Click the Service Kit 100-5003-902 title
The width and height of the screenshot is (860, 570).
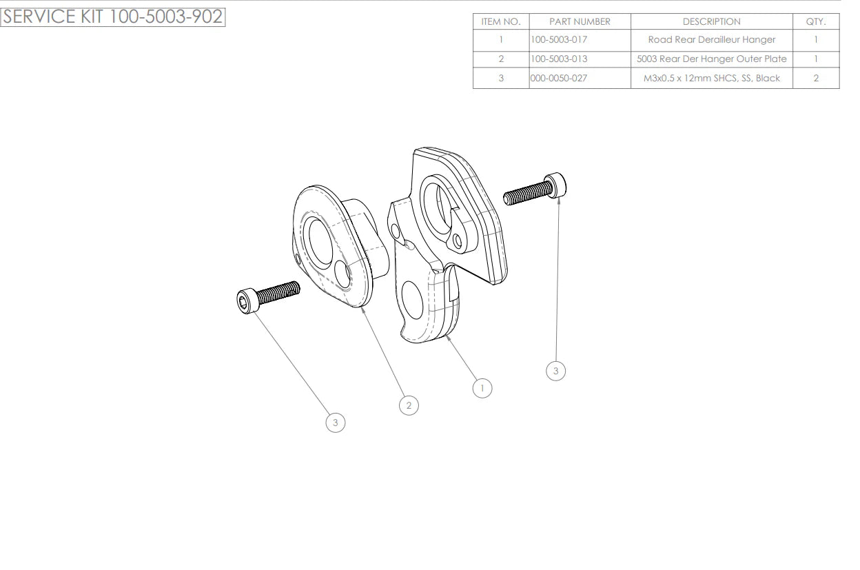(x=112, y=17)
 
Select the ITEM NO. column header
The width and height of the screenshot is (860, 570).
(x=501, y=21)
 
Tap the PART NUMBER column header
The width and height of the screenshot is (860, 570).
(x=580, y=21)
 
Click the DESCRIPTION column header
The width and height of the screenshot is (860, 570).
(x=711, y=21)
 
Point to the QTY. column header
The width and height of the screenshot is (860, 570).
(x=816, y=21)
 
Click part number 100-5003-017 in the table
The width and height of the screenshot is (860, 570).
(x=559, y=39)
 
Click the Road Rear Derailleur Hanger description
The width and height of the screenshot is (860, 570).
(x=711, y=39)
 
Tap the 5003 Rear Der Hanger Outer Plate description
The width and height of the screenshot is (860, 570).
(x=711, y=59)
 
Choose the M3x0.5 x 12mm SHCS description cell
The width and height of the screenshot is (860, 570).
(x=711, y=79)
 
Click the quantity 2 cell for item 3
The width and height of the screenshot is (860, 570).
(x=816, y=79)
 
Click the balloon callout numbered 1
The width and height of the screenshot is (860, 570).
(x=482, y=388)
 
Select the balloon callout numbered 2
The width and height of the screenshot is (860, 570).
(x=409, y=405)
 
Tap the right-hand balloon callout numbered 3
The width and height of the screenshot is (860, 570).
(x=555, y=371)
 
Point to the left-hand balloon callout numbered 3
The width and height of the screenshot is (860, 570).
(x=335, y=423)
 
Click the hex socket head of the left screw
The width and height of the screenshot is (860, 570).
(x=247, y=301)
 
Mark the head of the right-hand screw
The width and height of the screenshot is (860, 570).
(x=555, y=185)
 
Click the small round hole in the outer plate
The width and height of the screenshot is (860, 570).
(x=342, y=274)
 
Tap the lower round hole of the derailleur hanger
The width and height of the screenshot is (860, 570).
(x=412, y=300)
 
